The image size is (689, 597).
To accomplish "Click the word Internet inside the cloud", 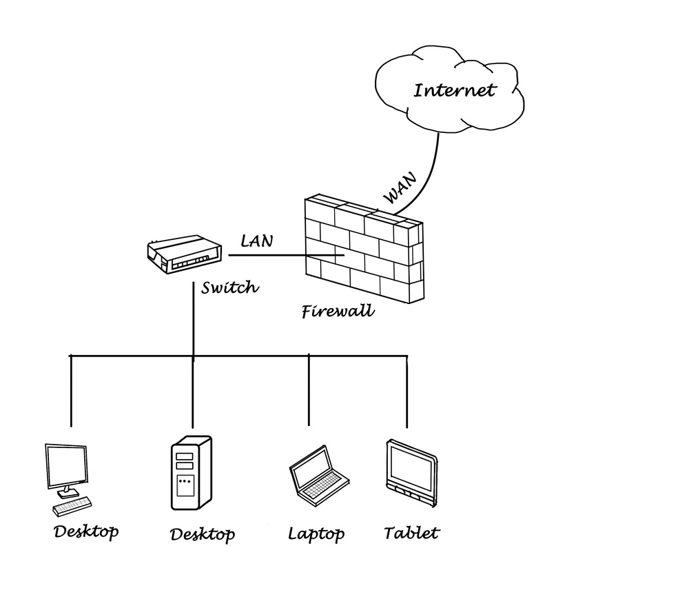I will tap(453, 90).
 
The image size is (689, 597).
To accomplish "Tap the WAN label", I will tap(400, 188).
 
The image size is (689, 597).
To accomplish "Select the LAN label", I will tap(256, 241).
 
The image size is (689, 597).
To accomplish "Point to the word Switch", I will tap(229, 287).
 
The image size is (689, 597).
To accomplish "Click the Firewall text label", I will tap(338, 311).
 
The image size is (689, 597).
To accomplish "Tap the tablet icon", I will tap(411, 469).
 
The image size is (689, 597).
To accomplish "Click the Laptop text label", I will tap(316, 534).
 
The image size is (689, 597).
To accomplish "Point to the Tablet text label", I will tap(411, 533).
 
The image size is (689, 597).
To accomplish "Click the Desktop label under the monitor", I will tap(86, 532).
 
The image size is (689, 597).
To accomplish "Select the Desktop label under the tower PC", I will tap(203, 534).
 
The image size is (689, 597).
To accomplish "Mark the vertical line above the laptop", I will tap(309, 389).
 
